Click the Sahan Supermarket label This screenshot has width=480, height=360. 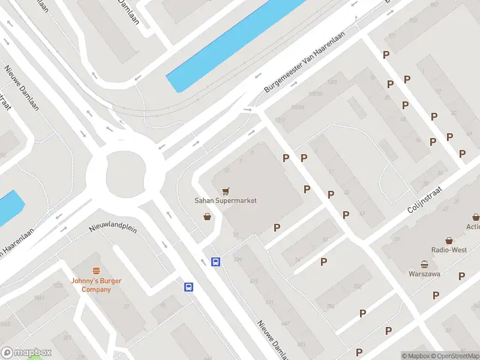click(x=225, y=200)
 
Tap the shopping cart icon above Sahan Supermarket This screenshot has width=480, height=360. click(x=226, y=191)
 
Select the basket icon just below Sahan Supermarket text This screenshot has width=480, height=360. click(x=207, y=217)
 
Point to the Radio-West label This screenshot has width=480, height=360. click(x=449, y=250)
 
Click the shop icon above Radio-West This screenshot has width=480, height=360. click(x=449, y=239)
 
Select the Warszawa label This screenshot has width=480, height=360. click(x=424, y=274)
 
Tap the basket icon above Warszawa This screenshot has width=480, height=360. click(x=424, y=264)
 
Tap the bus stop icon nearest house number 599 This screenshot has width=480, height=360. click(x=215, y=262)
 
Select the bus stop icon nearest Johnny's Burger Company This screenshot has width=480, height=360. click(x=188, y=287)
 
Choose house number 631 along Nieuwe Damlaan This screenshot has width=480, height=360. click(x=270, y=302)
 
